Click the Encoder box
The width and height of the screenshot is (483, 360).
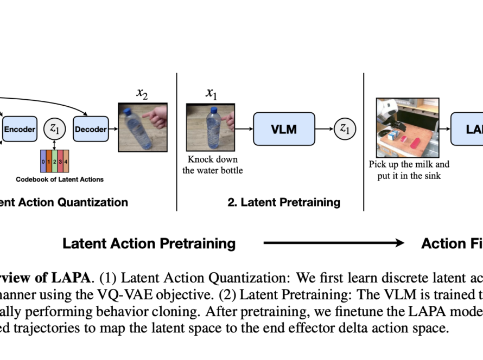20,130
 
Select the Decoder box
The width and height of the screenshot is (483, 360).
91,130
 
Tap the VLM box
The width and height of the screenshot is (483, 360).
284,129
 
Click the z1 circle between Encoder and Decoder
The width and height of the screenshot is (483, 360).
54,129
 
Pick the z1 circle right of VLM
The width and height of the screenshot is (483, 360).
345,129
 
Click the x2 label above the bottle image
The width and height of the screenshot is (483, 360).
142,94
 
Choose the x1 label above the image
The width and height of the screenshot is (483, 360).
211,93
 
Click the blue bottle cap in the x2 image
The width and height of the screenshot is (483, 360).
129,112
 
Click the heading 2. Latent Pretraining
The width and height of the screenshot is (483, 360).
284,203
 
